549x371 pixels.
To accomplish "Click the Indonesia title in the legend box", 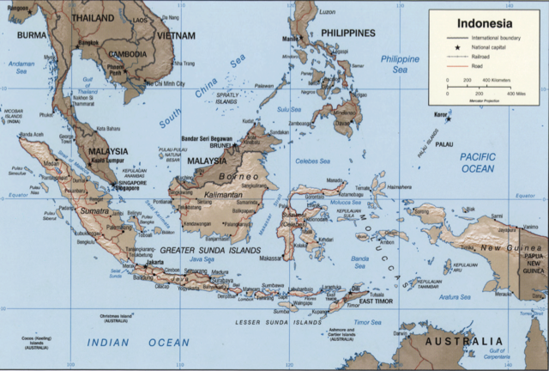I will [x=485, y=23].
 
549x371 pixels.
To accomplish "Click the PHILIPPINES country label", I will [x=347, y=33].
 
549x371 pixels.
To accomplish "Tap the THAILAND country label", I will [x=92, y=17].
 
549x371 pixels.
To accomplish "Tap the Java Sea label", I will [x=202, y=258].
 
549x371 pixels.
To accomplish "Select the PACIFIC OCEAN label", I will [x=477, y=162].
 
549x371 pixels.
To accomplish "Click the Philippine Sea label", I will [x=400, y=64].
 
